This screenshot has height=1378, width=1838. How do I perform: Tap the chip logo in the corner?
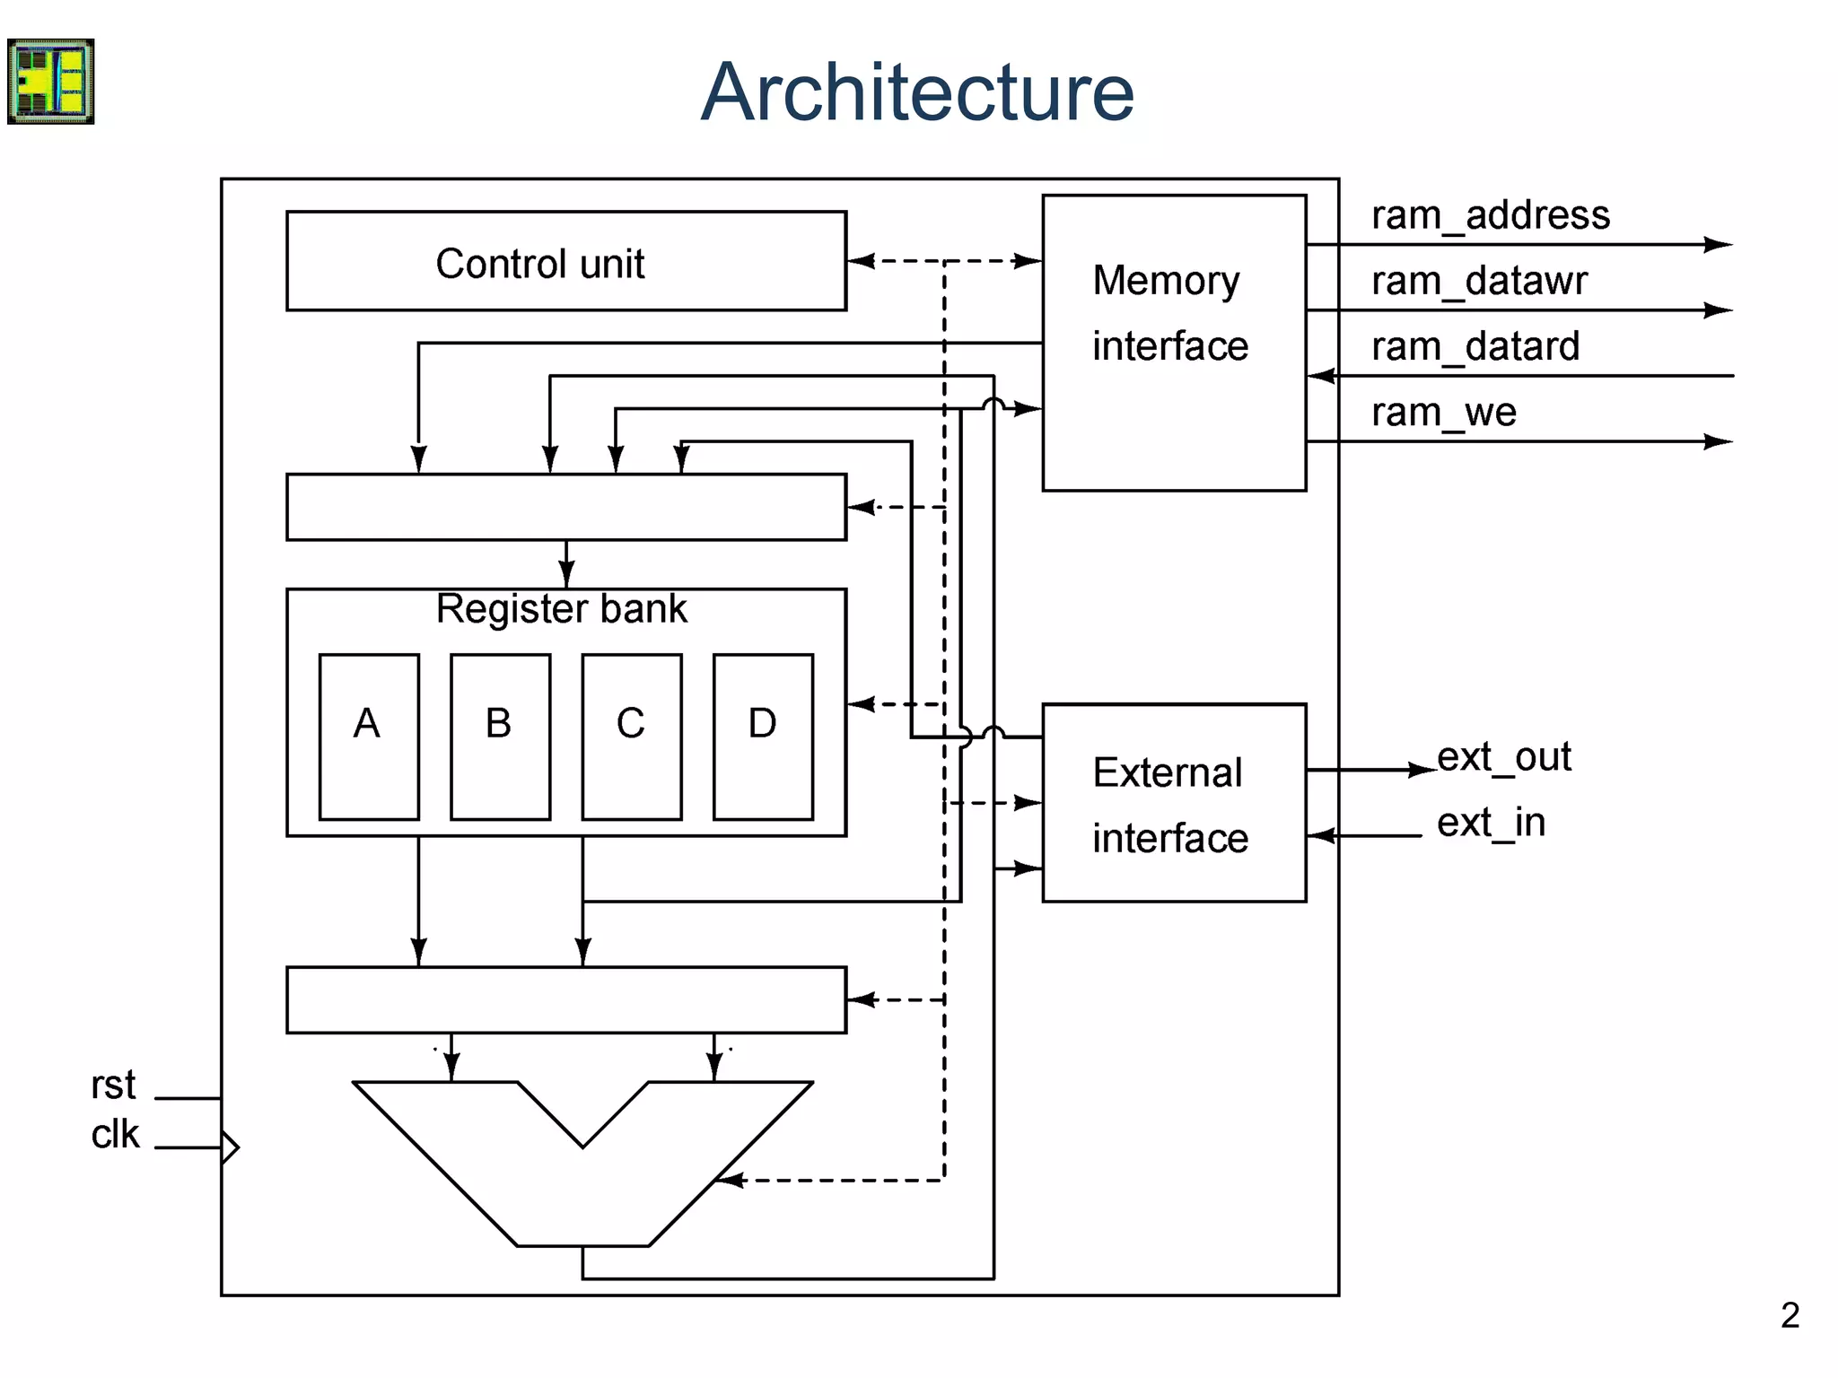pyautogui.click(x=51, y=81)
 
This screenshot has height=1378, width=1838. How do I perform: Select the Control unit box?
pyautogui.click(x=565, y=261)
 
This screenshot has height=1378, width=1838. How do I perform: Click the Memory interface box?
pyautogui.click(x=1173, y=343)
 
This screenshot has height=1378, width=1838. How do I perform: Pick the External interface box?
pyautogui.click(x=1173, y=803)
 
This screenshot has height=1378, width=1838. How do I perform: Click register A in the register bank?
pyautogui.click(x=369, y=737)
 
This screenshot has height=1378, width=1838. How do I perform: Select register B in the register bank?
pyautogui.click(x=500, y=737)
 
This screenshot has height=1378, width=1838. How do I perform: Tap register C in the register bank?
pyautogui.click(x=631, y=737)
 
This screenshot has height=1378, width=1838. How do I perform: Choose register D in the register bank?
pyautogui.click(x=763, y=737)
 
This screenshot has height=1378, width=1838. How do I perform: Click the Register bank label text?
pyautogui.click(x=561, y=609)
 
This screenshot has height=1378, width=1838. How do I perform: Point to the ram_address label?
pyautogui.click(x=1490, y=216)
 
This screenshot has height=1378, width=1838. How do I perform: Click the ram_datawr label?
pyautogui.click(x=1478, y=282)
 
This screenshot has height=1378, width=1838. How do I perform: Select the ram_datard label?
pyautogui.click(x=1475, y=347)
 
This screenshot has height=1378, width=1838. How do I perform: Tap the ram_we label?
pyautogui.click(x=1443, y=413)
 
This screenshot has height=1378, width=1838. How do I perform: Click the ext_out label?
pyautogui.click(x=1503, y=757)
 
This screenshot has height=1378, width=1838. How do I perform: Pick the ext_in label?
pyautogui.click(x=1491, y=823)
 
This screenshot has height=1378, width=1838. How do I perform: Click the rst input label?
pyautogui.click(x=113, y=1086)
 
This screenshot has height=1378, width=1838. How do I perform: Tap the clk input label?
pyautogui.click(x=115, y=1135)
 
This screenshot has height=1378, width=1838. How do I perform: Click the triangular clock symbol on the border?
pyautogui.click(x=230, y=1147)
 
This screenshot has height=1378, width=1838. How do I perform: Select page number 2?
pyautogui.click(x=1790, y=1316)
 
